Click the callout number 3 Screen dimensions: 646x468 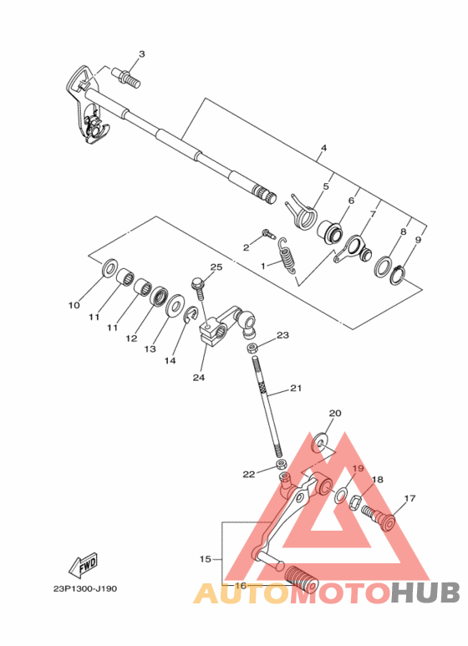coord(141,54)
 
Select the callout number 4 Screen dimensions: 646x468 coord(323,148)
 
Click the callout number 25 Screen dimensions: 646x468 coord(216,267)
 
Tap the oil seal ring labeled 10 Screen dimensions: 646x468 coord(109,270)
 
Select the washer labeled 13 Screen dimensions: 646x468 coord(176,305)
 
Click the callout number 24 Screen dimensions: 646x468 coord(198,377)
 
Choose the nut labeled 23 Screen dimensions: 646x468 coord(251,345)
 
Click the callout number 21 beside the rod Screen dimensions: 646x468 coord(295,388)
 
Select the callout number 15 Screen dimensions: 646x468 coord(206,557)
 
